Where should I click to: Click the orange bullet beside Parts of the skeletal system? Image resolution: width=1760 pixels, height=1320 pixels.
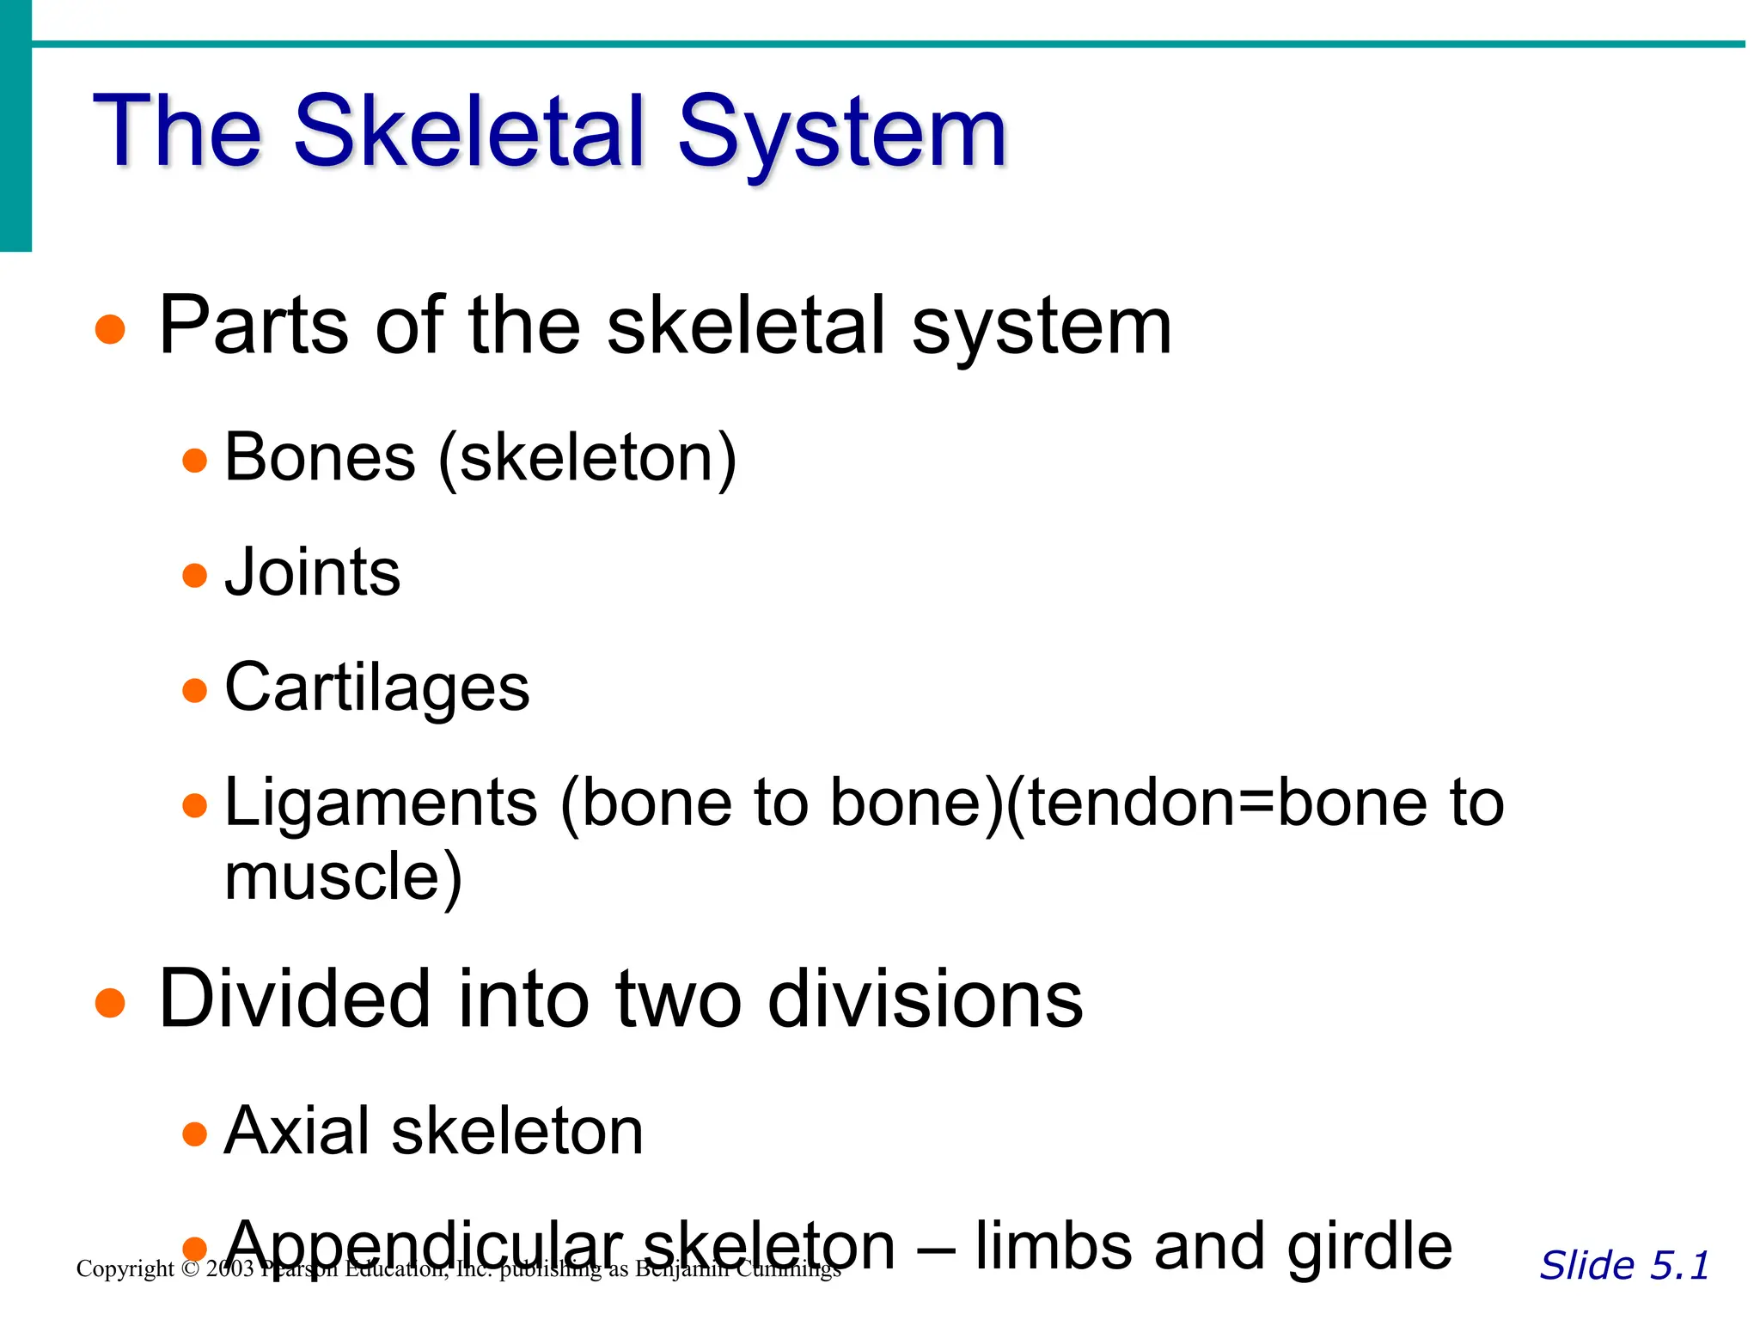[x=111, y=329]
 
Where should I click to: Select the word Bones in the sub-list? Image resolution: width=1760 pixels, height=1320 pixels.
[x=320, y=457]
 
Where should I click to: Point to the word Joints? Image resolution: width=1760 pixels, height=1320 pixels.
[x=313, y=572]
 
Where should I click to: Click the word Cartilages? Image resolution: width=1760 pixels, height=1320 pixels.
[x=376, y=687]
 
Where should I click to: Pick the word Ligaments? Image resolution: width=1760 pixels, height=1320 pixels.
[x=381, y=803]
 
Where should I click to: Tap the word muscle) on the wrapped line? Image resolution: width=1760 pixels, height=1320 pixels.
[x=343, y=877]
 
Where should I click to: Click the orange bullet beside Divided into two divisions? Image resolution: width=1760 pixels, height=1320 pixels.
[x=111, y=1002]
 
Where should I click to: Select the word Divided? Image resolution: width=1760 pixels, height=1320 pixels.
[x=294, y=999]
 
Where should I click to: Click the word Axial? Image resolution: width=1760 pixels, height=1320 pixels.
[x=296, y=1131]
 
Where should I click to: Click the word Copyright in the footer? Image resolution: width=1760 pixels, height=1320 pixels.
[x=125, y=1269]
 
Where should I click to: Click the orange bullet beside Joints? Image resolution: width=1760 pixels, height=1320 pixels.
[x=195, y=575]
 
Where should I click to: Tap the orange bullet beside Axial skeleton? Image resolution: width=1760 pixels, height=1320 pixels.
[x=195, y=1134]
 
